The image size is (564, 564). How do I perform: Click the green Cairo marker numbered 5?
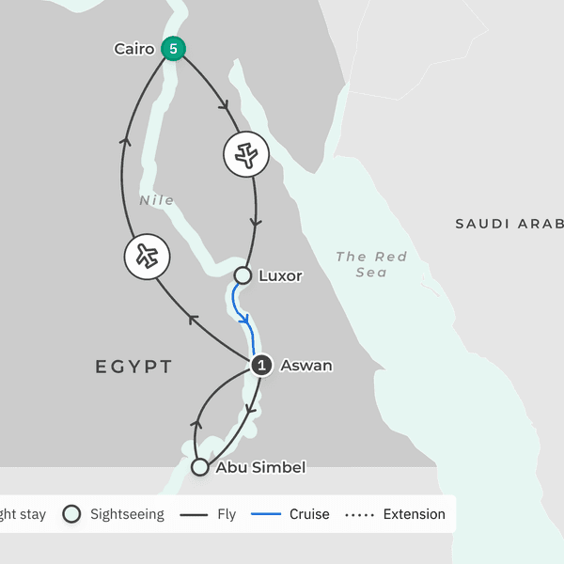[x=172, y=49]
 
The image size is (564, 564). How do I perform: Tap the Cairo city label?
[x=133, y=49]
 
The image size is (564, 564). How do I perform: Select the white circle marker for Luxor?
[x=243, y=275]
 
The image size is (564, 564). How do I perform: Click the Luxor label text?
[x=280, y=276]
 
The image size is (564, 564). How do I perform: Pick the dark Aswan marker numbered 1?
[x=261, y=366]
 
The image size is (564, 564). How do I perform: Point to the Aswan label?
[x=306, y=366]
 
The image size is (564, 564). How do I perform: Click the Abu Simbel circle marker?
[x=199, y=467]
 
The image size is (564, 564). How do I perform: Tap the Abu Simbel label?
[x=260, y=467]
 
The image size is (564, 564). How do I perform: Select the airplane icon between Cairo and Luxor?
[x=246, y=154]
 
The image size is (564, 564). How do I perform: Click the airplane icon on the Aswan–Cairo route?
[x=146, y=257]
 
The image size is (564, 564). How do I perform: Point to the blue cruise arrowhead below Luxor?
[x=245, y=319]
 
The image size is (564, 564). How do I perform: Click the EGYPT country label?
[x=133, y=367]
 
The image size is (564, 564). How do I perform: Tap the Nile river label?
[x=156, y=200]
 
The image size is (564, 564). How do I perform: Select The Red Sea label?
[x=371, y=264]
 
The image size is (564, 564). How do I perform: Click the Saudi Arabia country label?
[x=509, y=224]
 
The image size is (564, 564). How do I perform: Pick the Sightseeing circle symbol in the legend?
[x=71, y=514]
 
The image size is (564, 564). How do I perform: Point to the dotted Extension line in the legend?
[x=359, y=515]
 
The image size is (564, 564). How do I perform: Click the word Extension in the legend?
[x=414, y=514]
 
